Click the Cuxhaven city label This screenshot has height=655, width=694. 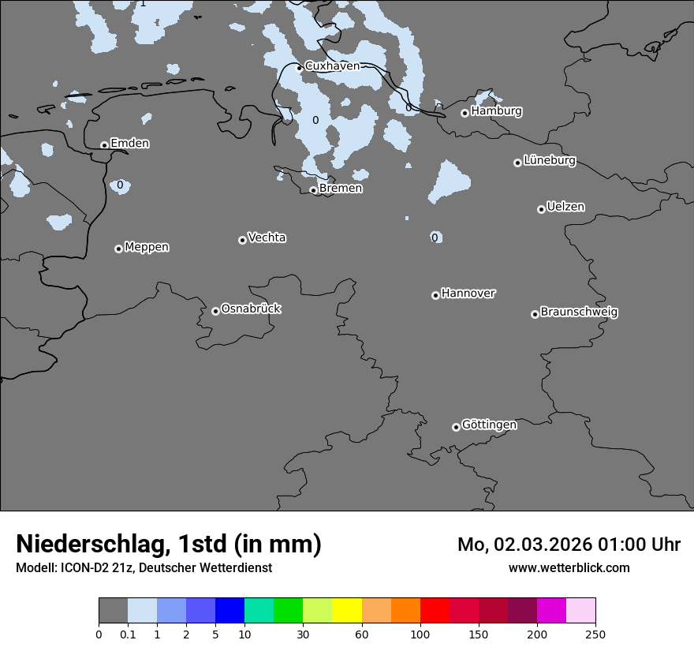pyautogui.click(x=332, y=66)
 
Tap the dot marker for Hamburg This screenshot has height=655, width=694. pyautogui.click(x=465, y=113)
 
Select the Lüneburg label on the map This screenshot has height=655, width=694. pyautogui.click(x=550, y=161)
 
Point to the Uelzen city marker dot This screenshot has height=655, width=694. pyautogui.click(x=541, y=209)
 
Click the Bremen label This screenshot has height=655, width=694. pyautogui.click(x=341, y=189)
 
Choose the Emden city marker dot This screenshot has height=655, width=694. pyautogui.click(x=104, y=145)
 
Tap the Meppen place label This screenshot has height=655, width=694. pyautogui.click(x=147, y=247)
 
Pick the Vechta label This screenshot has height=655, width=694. pyautogui.click(x=267, y=238)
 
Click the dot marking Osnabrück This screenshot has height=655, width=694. pyautogui.click(x=215, y=311)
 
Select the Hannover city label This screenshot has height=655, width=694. pyautogui.click(x=468, y=294)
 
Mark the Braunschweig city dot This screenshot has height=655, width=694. pyautogui.click(x=535, y=314)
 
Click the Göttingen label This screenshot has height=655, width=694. pyautogui.click(x=489, y=425)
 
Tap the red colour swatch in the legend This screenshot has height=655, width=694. pyautogui.click(x=435, y=611)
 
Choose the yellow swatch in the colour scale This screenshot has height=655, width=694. pyautogui.click(x=347, y=611)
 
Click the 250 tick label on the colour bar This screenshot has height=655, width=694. pyautogui.click(x=595, y=634)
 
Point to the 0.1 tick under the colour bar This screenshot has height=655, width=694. pyautogui.click(x=128, y=634)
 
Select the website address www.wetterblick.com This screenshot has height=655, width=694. pyautogui.click(x=569, y=567)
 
